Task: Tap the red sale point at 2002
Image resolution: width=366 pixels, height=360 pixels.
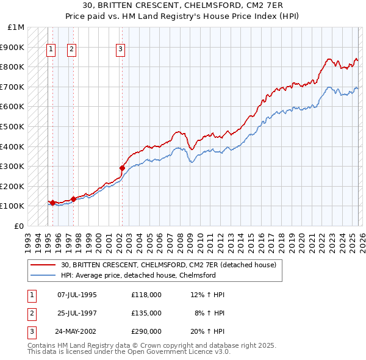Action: (x=122, y=168)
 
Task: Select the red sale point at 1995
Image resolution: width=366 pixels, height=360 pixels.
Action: (x=52, y=202)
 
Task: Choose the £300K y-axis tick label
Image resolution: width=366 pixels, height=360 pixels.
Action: (x=13, y=166)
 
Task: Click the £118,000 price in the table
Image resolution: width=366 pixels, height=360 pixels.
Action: (x=146, y=295)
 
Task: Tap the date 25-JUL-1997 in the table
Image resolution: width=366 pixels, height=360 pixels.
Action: (x=77, y=313)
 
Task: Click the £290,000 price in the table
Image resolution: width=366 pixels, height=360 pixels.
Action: (x=146, y=332)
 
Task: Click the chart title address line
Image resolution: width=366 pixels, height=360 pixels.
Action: (x=183, y=5)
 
